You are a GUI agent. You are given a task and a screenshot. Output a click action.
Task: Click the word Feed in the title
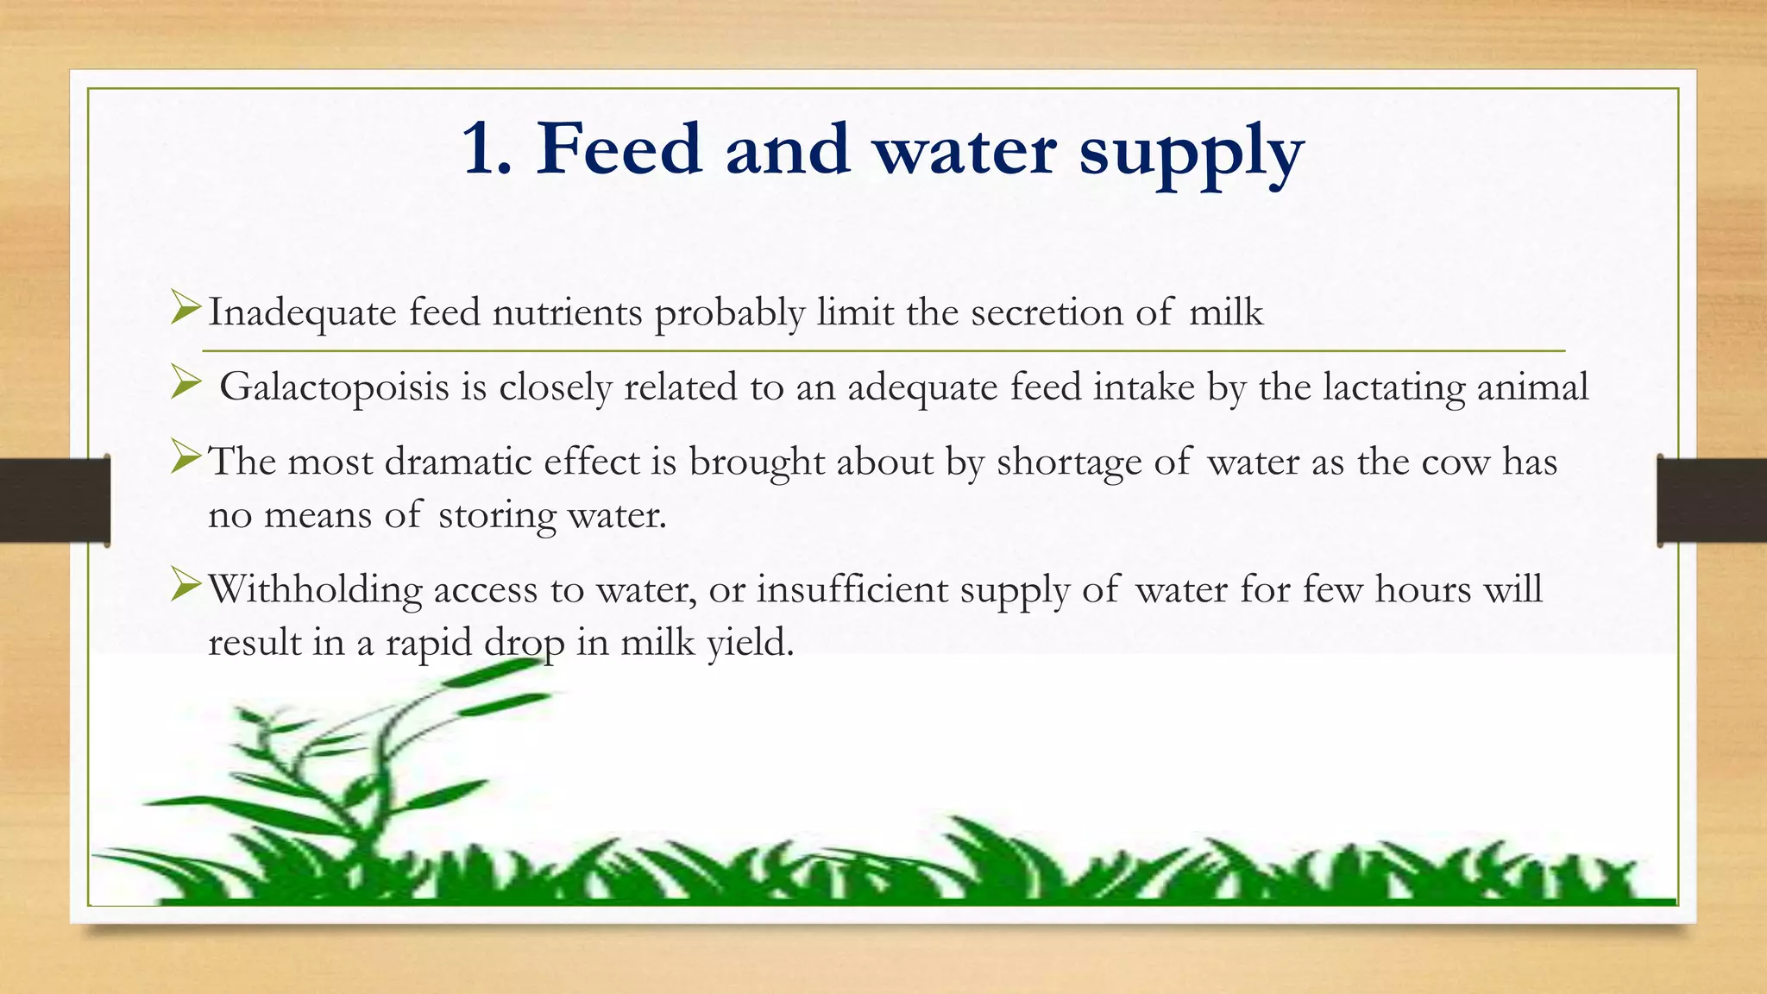point(619,149)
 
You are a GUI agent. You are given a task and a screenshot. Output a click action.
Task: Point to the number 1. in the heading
point(487,149)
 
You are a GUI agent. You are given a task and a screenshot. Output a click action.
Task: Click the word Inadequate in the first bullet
point(302,312)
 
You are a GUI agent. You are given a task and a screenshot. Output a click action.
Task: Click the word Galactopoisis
point(334,387)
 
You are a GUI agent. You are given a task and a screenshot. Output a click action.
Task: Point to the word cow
point(1456,462)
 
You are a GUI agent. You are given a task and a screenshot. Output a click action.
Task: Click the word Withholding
point(315,589)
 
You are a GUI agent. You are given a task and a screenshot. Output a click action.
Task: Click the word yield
point(750,644)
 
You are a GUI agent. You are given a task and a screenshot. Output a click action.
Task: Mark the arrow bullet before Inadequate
point(185,308)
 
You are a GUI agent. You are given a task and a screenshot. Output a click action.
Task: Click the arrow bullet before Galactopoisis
point(185,382)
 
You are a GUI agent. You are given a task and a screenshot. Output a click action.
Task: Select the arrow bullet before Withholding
point(185,584)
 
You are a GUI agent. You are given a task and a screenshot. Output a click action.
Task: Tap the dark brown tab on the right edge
point(1712,500)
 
